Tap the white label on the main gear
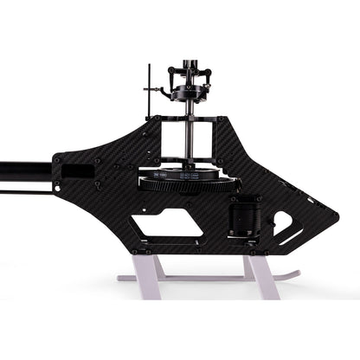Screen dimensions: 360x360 [x=162, y=174]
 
